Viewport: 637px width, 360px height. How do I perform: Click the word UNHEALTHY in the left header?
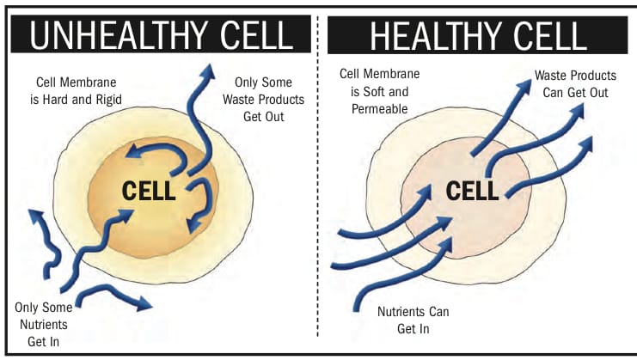120,35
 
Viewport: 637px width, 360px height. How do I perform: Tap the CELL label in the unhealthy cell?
149,191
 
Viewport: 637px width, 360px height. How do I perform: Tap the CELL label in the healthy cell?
472,191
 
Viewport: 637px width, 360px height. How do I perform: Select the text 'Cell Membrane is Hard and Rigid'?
76,91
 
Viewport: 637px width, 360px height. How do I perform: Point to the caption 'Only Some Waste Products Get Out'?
263,100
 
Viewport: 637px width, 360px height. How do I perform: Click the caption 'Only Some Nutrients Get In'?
44,324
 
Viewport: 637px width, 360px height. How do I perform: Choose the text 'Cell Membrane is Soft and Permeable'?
379,91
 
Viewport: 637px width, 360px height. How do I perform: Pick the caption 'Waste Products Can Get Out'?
575,84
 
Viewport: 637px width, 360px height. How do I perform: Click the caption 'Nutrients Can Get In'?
413,320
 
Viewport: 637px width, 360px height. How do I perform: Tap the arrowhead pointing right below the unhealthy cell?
144,302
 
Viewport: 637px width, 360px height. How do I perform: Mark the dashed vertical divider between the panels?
318,176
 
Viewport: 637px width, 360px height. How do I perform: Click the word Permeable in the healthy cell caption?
379,109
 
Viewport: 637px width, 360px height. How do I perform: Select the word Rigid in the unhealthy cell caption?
108,100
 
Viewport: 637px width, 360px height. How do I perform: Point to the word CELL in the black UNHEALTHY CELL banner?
257,35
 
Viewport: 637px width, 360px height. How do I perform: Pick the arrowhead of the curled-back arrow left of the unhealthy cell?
35,217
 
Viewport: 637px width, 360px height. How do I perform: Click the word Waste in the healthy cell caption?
549,76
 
